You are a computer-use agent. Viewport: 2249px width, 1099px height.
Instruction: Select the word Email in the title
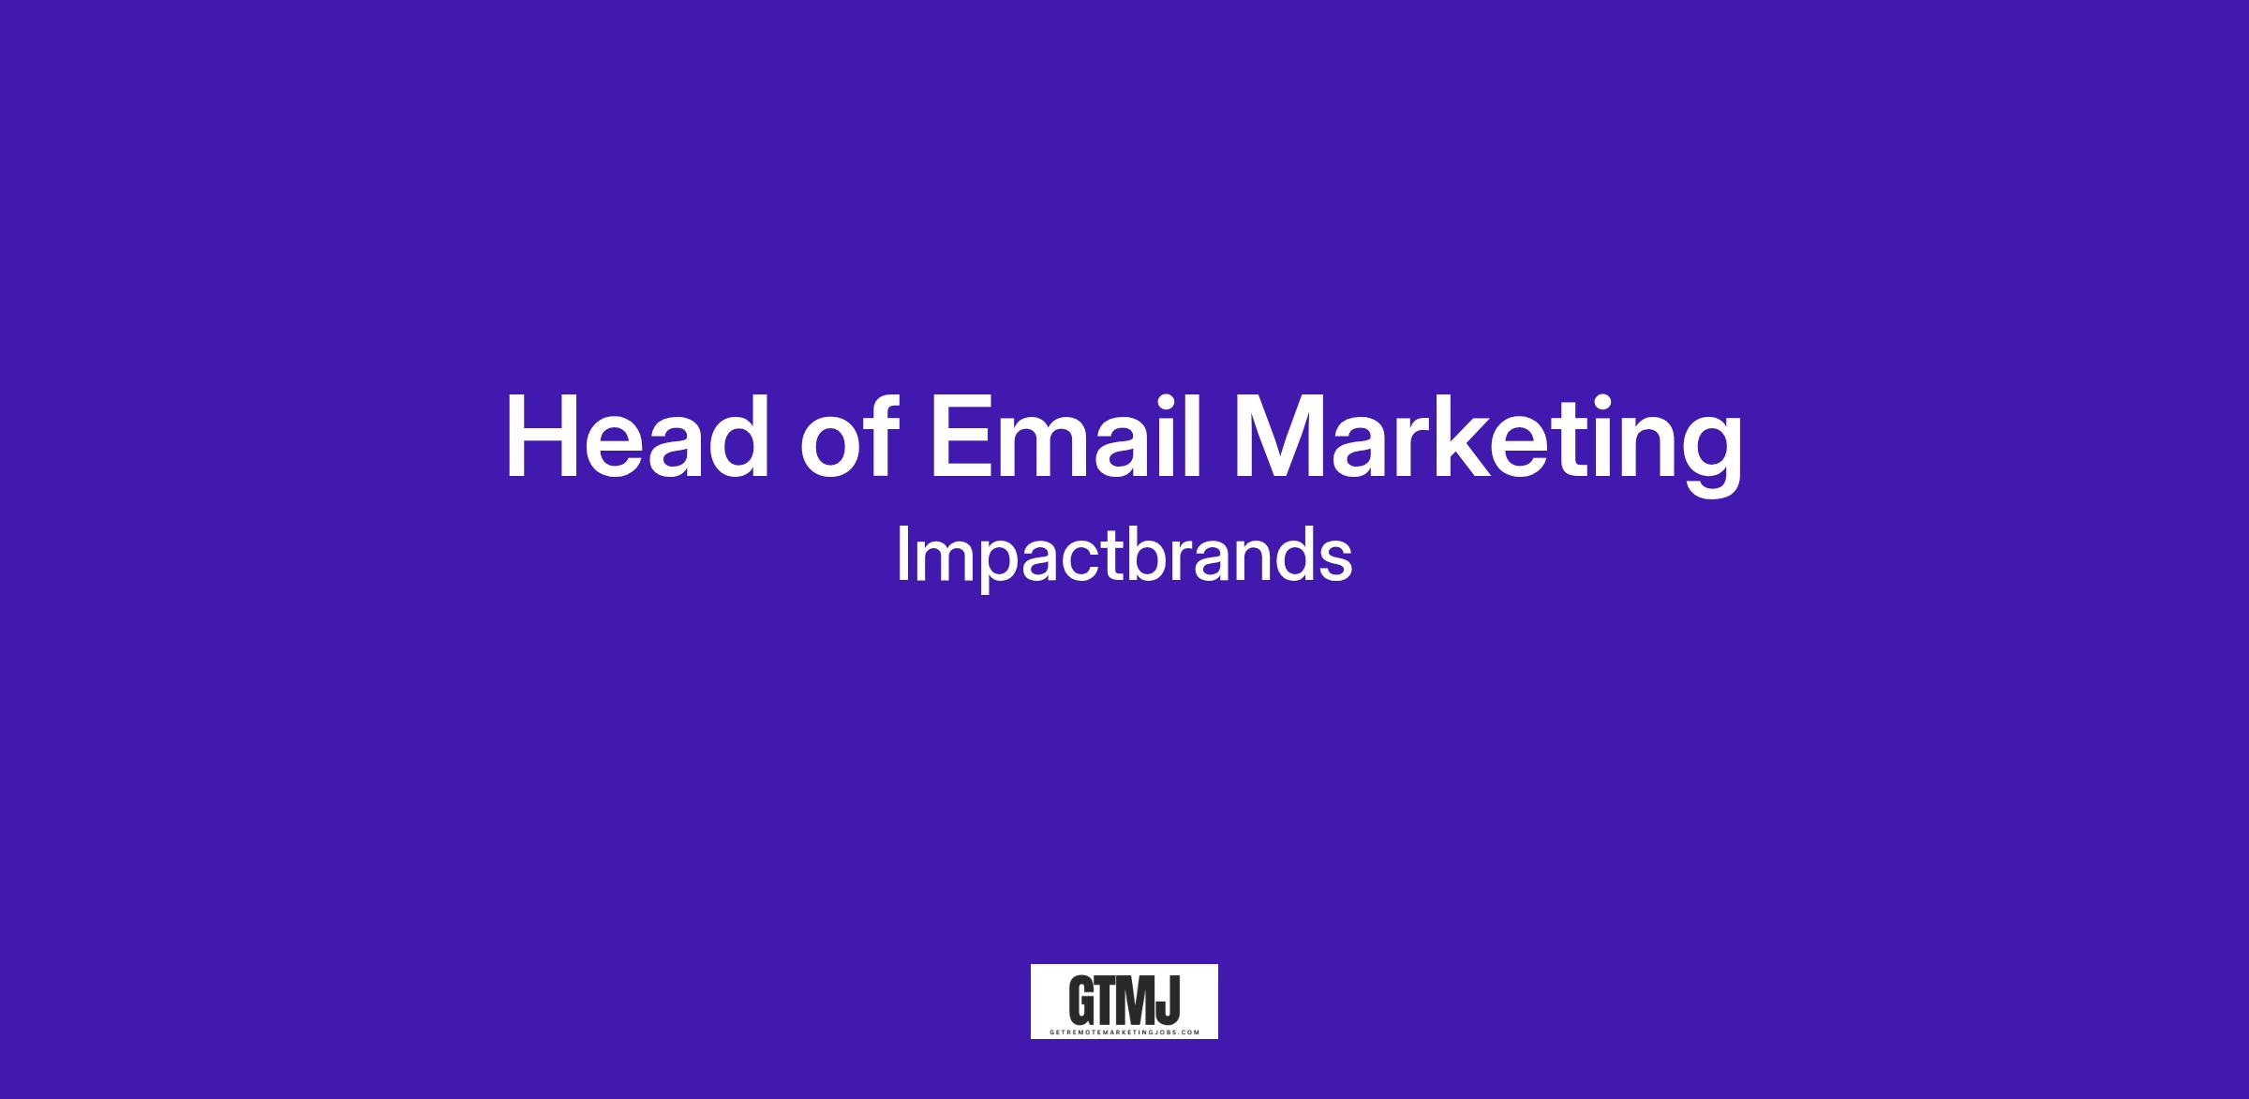[x=1066, y=437]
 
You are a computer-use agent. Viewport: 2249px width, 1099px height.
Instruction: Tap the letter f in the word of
[x=884, y=437]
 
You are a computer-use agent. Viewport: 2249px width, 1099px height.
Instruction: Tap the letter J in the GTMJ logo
[x=1169, y=1002]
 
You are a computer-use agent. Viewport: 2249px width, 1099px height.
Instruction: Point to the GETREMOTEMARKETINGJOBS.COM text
[x=1124, y=1032]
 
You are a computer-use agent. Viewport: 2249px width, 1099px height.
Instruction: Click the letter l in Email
[x=1193, y=437]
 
